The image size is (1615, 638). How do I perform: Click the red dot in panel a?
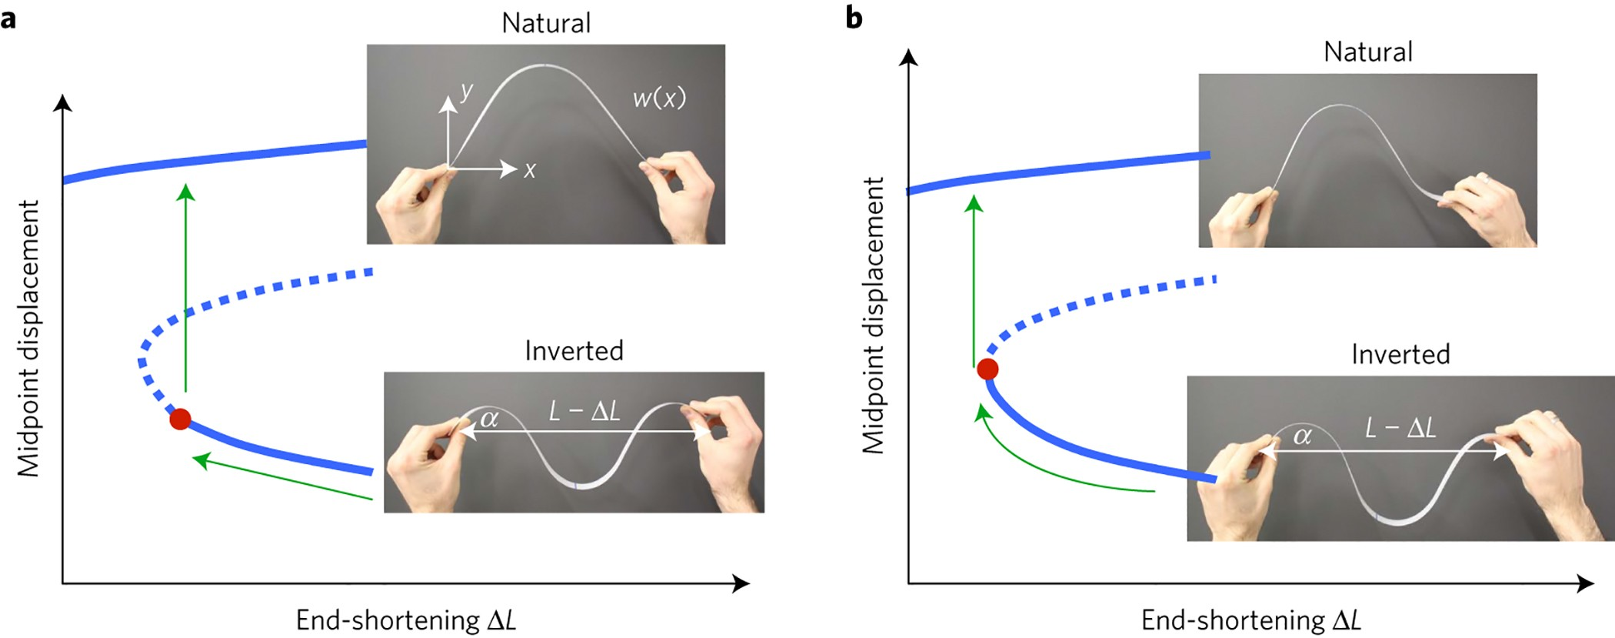180,419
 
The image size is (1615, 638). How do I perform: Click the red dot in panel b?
987,369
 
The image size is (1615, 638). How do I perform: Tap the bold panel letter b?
854,17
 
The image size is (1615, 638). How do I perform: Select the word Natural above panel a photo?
546,23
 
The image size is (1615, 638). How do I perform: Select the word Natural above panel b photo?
1368,52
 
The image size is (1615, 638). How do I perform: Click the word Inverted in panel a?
574,351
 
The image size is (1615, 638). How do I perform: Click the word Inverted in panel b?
1400,354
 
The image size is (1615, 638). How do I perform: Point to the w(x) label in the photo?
658,98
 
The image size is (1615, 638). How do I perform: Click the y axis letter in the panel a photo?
467,92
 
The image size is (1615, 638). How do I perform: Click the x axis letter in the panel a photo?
530,170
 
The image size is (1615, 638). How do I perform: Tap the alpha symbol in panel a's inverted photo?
489,419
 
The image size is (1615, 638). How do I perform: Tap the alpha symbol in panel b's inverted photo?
1302,436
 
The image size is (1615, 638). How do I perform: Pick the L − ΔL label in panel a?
584,411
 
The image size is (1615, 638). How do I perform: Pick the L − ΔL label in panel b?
1400,428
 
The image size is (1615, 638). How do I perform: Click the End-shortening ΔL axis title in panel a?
405,620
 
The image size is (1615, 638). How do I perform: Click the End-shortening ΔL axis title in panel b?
1250,620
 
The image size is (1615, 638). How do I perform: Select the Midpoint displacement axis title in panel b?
873,316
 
